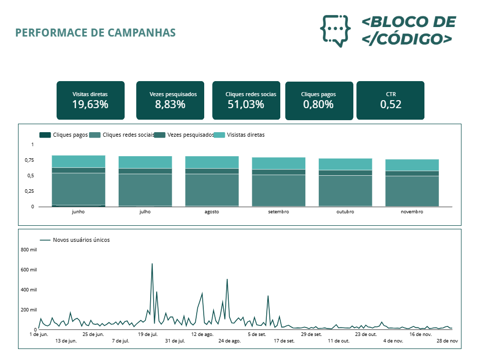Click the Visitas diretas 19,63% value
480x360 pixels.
tap(90, 105)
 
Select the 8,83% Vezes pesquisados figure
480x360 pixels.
tap(170, 105)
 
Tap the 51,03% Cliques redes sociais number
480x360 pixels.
tap(246, 105)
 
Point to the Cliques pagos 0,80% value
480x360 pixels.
tap(318, 105)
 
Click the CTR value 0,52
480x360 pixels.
tap(390, 105)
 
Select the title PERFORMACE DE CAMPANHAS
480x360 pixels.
tap(96, 33)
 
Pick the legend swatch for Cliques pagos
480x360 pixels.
tap(45, 135)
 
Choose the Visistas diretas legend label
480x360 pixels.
tap(246, 135)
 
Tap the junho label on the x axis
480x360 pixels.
tap(78, 212)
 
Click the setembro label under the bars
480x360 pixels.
tap(278, 212)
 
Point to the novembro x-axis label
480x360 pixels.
tap(412, 212)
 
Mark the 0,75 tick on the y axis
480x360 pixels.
tap(29, 160)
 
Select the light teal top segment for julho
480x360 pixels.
tap(145, 162)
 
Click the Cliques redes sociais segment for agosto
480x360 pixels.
tap(212, 189)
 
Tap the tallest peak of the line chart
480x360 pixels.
tap(152, 264)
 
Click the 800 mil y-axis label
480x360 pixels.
tap(29, 249)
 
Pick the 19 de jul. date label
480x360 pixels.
tap(148, 334)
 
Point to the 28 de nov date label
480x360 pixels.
tap(447, 341)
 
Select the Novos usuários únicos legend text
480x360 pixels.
tap(81, 240)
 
